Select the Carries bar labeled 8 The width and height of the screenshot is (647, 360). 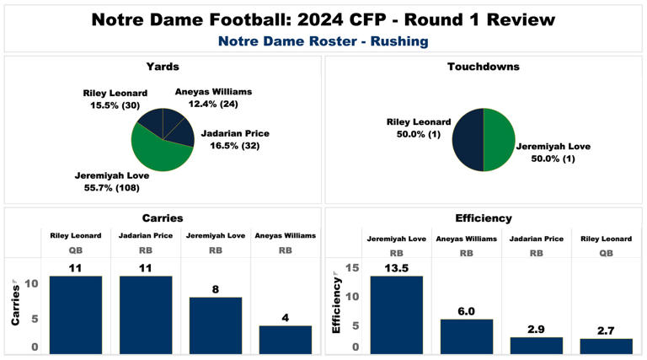tap(216, 325)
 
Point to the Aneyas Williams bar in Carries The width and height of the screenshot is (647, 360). tap(285, 338)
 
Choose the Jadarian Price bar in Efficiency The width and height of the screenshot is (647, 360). tap(536, 344)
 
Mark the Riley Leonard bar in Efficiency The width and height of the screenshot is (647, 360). tap(606, 345)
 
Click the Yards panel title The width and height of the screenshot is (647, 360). tap(163, 67)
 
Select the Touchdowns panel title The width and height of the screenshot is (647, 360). tap(484, 67)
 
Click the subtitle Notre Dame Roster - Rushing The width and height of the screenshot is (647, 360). tap(323, 40)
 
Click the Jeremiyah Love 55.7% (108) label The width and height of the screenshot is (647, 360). tap(112, 181)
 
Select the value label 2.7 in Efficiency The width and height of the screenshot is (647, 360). tap(606, 330)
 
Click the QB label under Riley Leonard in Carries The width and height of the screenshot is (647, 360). tap(76, 250)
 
